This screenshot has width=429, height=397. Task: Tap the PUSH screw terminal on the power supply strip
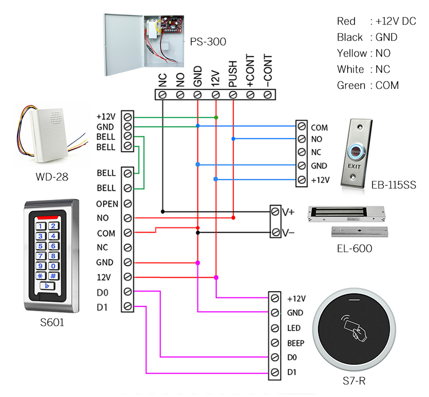click(233, 94)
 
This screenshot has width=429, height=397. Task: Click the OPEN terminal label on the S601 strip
click(107, 203)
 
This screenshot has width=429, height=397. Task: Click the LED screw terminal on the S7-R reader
click(276, 328)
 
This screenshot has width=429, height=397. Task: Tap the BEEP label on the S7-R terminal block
click(296, 343)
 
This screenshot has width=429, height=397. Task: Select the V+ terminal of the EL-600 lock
click(276, 211)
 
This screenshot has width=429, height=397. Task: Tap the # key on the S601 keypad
click(53, 276)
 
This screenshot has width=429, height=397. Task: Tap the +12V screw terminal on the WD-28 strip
click(128, 116)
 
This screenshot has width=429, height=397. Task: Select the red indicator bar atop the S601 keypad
click(49, 218)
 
